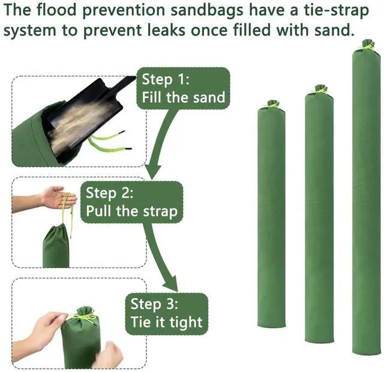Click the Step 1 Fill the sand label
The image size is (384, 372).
click(x=183, y=88)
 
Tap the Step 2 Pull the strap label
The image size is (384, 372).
click(x=132, y=203)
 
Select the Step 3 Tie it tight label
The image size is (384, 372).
click(x=167, y=314)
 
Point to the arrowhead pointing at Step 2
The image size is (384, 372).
click(x=152, y=172)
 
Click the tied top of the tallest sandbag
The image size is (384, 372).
click(x=367, y=45)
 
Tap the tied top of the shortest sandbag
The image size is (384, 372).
click(x=272, y=104)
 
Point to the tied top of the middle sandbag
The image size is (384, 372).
click(x=320, y=90)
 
